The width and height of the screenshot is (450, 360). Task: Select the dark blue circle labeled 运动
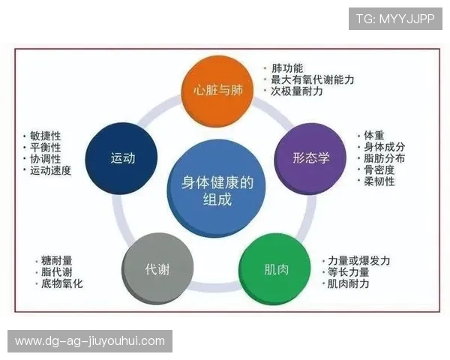pyautogui.click(x=122, y=157)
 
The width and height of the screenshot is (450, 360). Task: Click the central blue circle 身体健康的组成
pyautogui.click(x=217, y=190)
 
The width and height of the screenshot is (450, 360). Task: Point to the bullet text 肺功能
pyautogui.click(x=287, y=68)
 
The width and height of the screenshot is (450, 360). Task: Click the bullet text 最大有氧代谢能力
pyautogui.click(x=312, y=79)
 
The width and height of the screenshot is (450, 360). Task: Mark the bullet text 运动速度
pyautogui.click(x=50, y=170)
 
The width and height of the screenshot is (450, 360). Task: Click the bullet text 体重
pyautogui.click(x=374, y=136)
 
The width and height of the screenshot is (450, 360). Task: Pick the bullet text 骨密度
pyautogui.click(x=379, y=169)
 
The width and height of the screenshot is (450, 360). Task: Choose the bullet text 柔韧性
pyautogui.click(x=379, y=181)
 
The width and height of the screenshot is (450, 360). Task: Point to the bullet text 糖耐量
pyautogui.click(x=57, y=261)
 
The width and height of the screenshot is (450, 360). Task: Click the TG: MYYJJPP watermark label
pyautogui.click(x=394, y=19)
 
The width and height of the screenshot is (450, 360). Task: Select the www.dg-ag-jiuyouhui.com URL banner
pyautogui.click(x=90, y=341)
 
